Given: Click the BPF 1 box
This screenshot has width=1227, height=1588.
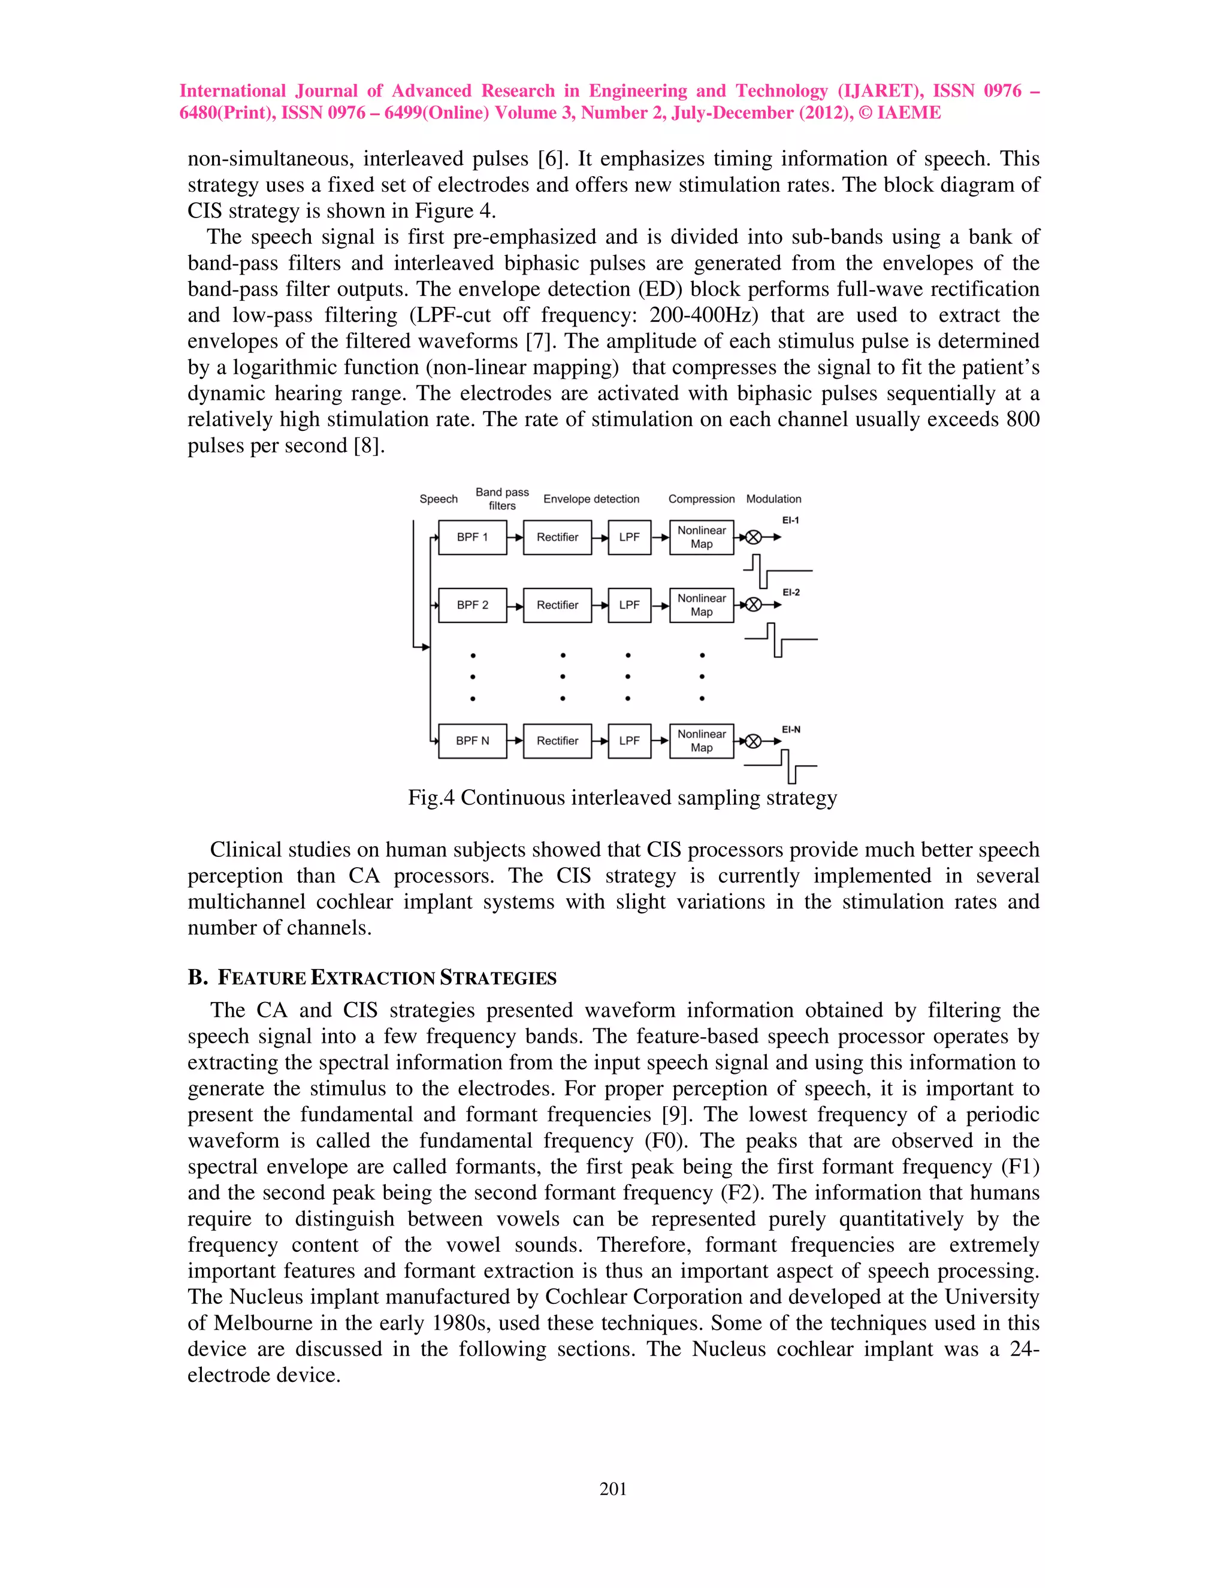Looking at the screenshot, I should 473,538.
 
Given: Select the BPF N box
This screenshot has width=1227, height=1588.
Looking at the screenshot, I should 473,741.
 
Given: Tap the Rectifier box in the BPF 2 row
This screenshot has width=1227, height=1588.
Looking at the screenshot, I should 558,605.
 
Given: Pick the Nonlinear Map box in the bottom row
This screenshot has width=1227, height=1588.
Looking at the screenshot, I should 702,741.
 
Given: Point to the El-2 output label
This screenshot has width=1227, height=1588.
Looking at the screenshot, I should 791,593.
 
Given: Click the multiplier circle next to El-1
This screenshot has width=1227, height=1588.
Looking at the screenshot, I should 754,538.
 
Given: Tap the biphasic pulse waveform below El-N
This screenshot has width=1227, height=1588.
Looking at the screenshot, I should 784,766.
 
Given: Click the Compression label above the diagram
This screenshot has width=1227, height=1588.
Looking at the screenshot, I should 702,499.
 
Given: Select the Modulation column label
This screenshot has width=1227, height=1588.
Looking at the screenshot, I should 773,499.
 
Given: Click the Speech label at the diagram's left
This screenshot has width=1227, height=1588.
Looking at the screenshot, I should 439,499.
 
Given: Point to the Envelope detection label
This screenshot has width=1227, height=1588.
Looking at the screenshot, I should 591,499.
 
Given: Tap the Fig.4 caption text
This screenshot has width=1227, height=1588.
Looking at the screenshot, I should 622,798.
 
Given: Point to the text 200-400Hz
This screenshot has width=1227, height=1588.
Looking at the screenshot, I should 703,315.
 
